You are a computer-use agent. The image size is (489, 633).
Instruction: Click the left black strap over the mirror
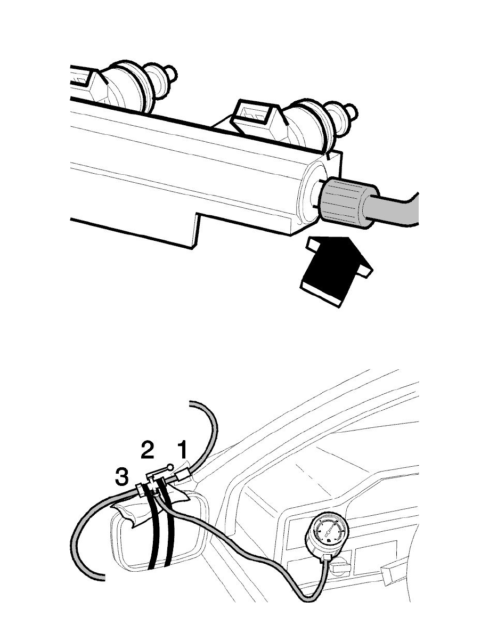tap(154, 533)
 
